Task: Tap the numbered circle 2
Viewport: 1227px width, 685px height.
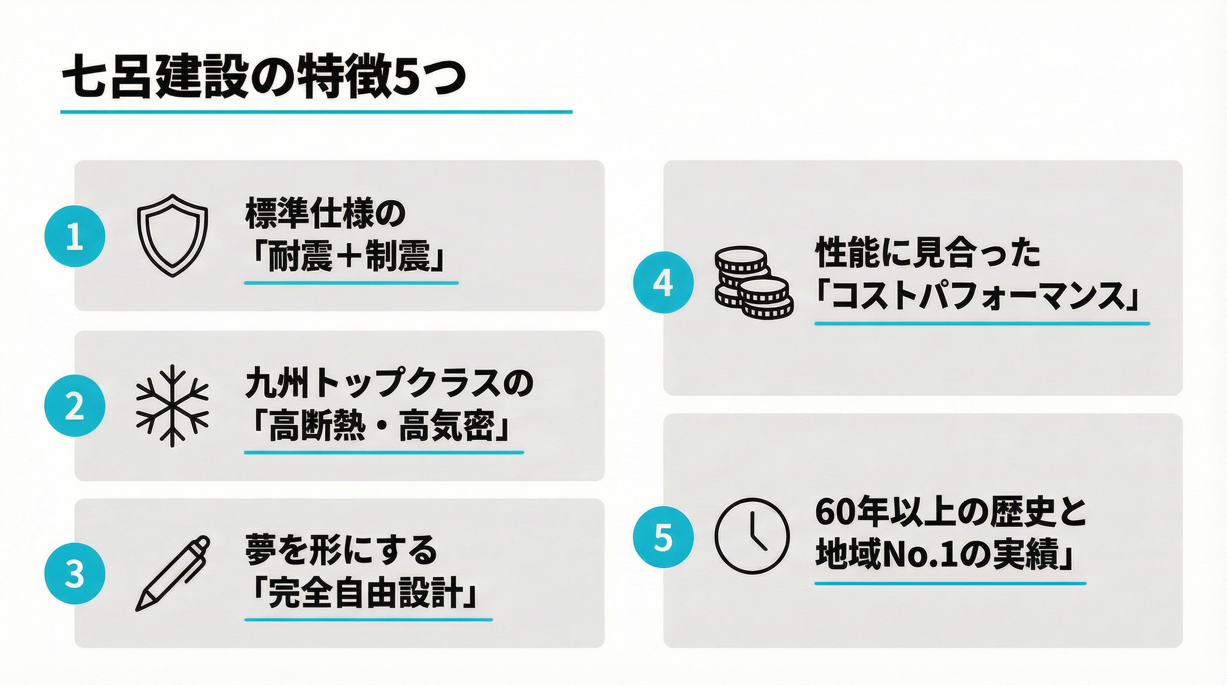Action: click(x=75, y=406)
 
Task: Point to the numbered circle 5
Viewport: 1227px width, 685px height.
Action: click(x=663, y=538)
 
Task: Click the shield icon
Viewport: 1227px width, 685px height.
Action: click(x=173, y=235)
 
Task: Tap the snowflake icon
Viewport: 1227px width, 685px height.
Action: click(x=173, y=406)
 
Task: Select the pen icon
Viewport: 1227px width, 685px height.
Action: click(x=173, y=574)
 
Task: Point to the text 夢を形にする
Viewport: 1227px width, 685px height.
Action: click(x=342, y=552)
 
